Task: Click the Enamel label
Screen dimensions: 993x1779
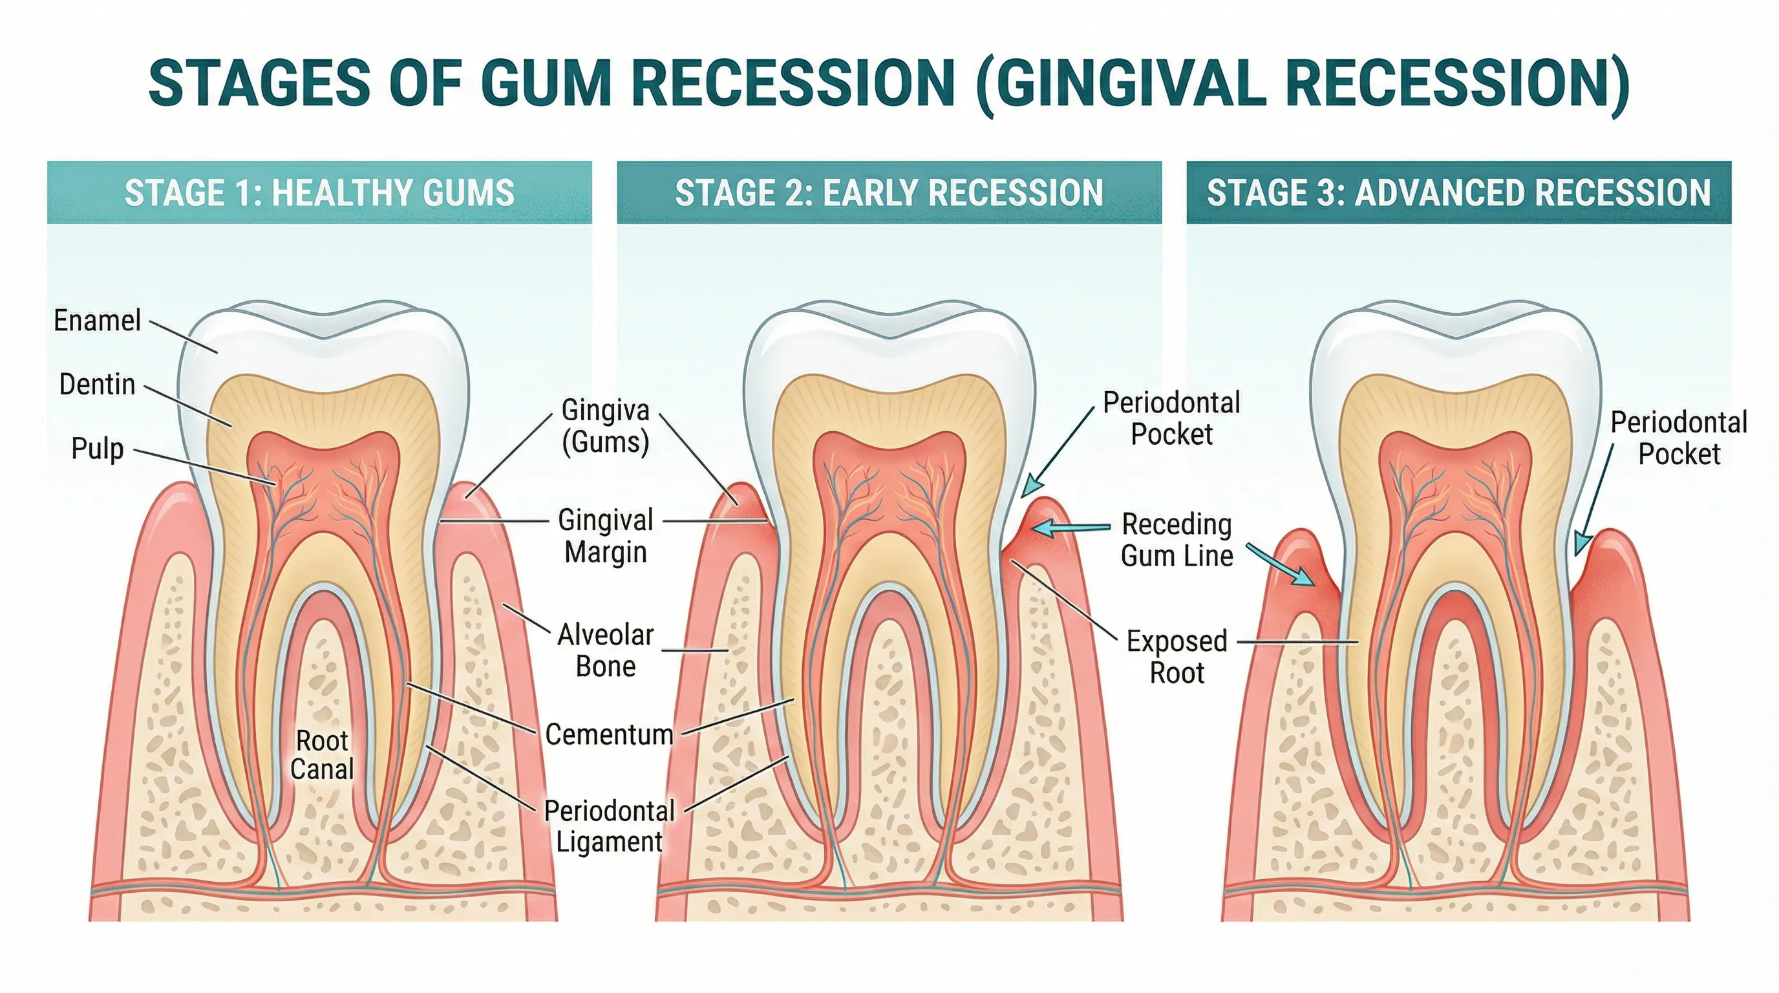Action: click(x=98, y=321)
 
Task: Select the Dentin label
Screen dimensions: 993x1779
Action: click(x=98, y=385)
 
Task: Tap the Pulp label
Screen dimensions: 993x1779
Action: click(x=98, y=449)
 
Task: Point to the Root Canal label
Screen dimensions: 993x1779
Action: click(x=322, y=754)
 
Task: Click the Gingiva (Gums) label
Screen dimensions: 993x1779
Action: click(x=606, y=426)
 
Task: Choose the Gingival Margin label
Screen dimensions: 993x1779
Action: click(x=606, y=536)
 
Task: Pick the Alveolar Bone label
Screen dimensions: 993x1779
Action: click(x=606, y=650)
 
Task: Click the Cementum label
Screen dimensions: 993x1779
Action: click(x=608, y=734)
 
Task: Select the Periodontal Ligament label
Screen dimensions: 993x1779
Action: click(x=609, y=826)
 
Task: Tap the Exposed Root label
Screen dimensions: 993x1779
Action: click(x=1177, y=657)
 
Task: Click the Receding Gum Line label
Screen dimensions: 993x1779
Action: click(x=1177, y=540)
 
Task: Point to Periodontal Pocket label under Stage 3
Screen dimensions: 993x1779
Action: click(x=1679, y=438)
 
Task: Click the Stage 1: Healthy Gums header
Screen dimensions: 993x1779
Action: click(x=319, y=193)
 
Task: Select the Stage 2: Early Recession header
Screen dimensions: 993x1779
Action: click(x=889, y=193)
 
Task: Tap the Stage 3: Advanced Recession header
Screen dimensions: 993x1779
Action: click(x=1458, y=193)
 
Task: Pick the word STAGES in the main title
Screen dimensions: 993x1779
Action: click(x=260, y=83)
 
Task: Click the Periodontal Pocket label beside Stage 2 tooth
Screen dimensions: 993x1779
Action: click(x=1171, y=418)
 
